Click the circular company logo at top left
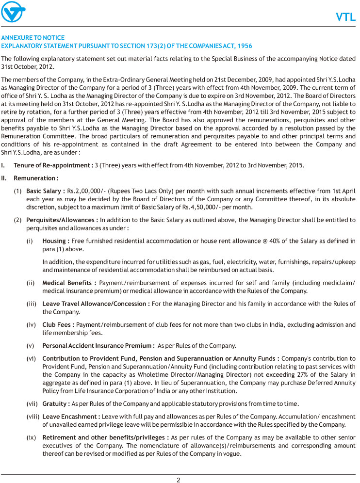pos(14,13)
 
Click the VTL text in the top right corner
pos(346,18)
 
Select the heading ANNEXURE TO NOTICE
pos(33,38)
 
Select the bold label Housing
pos(55,241)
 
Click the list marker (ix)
pos(32,437)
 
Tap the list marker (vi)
pos(32,358)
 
